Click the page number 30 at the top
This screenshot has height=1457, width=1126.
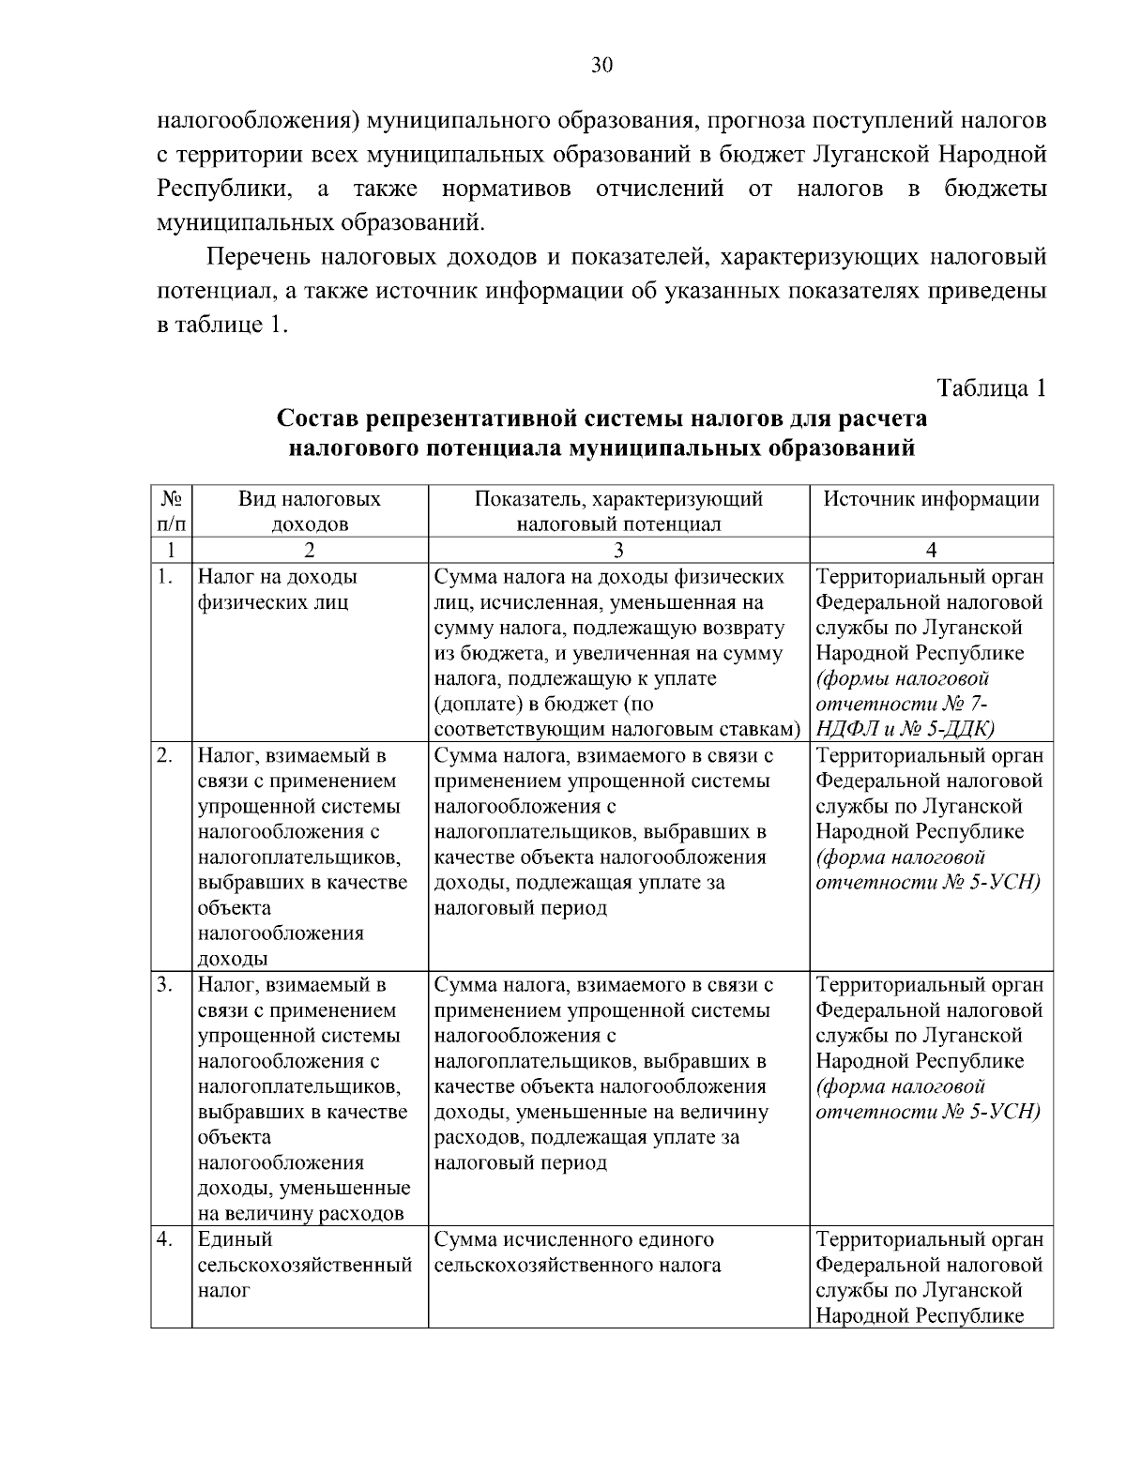[x=601, y=64]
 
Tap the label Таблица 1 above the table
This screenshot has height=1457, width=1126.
[x=991, y=387]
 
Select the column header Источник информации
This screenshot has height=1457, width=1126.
[x=931, y=499]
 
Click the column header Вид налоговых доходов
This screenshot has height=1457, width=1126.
[x=310, y=511]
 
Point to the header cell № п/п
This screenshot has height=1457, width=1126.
[x=171, y=511]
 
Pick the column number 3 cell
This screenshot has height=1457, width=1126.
[x=618, y=550]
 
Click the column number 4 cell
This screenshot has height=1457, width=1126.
[x=931, y=550]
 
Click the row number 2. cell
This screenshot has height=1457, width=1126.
[x=165, y=756]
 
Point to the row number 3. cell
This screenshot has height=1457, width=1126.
[x=165, y=985]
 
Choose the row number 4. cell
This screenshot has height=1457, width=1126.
[x=165, y=1240]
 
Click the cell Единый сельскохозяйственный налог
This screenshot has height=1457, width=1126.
[x=305, y=1265]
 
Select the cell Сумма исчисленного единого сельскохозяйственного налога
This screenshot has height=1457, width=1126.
[x=578, y=1252]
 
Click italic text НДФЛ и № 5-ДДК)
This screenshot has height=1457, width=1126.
[x=905, y=728]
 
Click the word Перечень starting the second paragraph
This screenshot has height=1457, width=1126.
[x=257, y=256]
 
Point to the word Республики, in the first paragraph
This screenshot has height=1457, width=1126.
[x=223, y=189]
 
